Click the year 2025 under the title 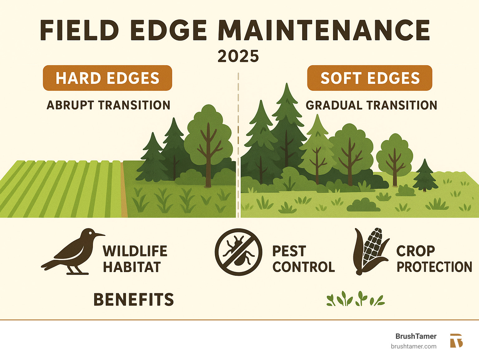[238, 56]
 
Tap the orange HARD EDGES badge [107, 78]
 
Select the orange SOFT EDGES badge [370, 78]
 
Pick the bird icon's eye [90, 233]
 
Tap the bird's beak [99, 235]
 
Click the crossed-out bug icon [238, 252]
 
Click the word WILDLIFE [135, 251]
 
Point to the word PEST [289, 251]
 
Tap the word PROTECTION [434, 267]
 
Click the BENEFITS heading [133, 299]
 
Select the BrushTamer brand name [416, 336]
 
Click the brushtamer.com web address [414, 347]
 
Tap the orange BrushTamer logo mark [456, 341]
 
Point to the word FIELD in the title [80, 30]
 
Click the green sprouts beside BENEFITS [356, 299]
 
